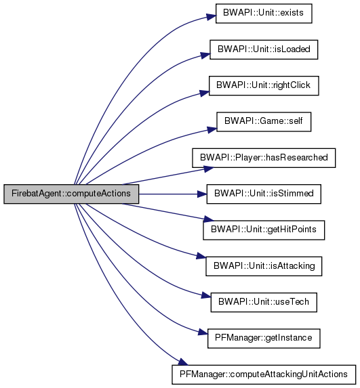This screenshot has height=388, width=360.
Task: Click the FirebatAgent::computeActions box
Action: click(x=71, y=194)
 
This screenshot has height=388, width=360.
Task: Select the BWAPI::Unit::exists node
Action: click(x=264, y=14)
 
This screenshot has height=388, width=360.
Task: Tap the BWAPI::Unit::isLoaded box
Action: click(x=264, y=49)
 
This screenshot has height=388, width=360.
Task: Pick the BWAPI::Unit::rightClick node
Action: click(x=264, y=85)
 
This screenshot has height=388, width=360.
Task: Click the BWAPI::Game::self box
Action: click(x=264, y=122)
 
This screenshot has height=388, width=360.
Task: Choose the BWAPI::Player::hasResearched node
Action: click(x=264, y=158)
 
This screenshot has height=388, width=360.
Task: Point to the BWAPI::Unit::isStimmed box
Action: click(x=264, y=194)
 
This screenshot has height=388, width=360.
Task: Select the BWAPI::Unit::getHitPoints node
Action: click(x=264, y=230)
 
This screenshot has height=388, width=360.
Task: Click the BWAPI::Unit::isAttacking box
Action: click(x=264, y=266)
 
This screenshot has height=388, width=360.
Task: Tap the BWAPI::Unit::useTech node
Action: click(x=264, y=303)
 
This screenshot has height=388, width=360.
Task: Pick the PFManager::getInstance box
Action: click(x=264, y=339)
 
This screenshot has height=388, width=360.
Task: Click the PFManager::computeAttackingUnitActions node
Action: click(x=264, y=374)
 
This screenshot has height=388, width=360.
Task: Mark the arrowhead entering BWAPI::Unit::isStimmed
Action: click(x=202, y=194)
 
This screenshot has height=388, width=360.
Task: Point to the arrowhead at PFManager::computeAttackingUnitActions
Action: click(x=183, y=362)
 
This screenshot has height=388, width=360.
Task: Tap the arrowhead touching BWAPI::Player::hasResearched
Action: click(x=209, y=169)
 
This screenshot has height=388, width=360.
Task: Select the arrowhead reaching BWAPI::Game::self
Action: click(x=212, y=129)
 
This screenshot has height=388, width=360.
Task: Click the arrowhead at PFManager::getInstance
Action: click(x=203, y=332)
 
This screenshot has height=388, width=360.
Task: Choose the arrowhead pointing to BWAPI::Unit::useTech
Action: click(x=205, y=296)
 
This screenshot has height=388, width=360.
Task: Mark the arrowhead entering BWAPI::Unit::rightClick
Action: click(x=204, y=93)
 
